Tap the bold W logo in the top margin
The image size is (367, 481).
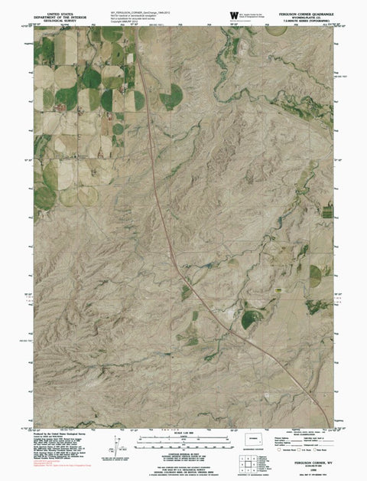[232, 14]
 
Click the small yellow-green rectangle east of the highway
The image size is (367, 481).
[280, 291]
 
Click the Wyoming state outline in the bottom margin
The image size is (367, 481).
[255, 443]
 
